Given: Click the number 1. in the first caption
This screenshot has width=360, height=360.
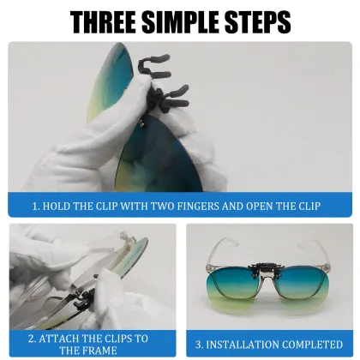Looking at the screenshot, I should click(x=37, y=206).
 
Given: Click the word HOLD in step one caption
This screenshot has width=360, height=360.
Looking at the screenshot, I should click(x=59, y=206).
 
